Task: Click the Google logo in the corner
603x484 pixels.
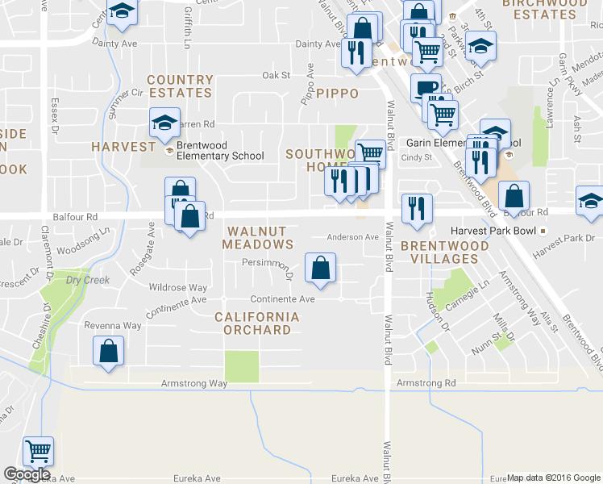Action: (27, 474)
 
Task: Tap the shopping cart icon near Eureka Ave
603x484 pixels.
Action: (38, 451)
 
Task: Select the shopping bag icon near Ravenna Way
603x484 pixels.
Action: (108, 353)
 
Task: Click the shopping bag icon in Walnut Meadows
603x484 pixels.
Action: (321, 268)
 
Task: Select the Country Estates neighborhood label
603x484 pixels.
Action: (180, 86)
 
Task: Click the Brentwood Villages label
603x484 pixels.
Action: (445, 252)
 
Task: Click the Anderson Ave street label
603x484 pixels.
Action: (352, 237)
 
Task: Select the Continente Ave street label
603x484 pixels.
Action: (282, 298)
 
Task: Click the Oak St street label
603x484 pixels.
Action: (276, 75)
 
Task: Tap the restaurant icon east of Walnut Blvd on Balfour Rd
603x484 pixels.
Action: (417, 207)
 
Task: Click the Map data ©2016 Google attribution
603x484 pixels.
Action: (554, 478)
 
